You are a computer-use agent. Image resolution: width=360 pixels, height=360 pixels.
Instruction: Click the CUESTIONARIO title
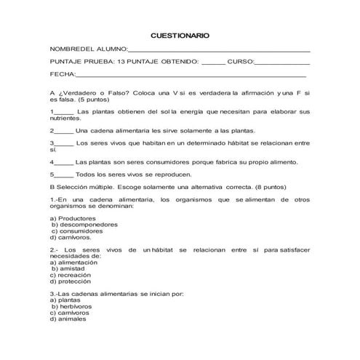pyautogui.click(x=180, y=35)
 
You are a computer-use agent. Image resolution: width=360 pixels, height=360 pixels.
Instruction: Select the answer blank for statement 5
pyautogui.click(x=64, y=175)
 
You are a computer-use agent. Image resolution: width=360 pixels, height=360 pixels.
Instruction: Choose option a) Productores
pyautogui.click(x=71, y=219)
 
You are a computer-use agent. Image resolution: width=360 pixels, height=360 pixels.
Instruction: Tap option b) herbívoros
pyautogui.click(x=71, y=306)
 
